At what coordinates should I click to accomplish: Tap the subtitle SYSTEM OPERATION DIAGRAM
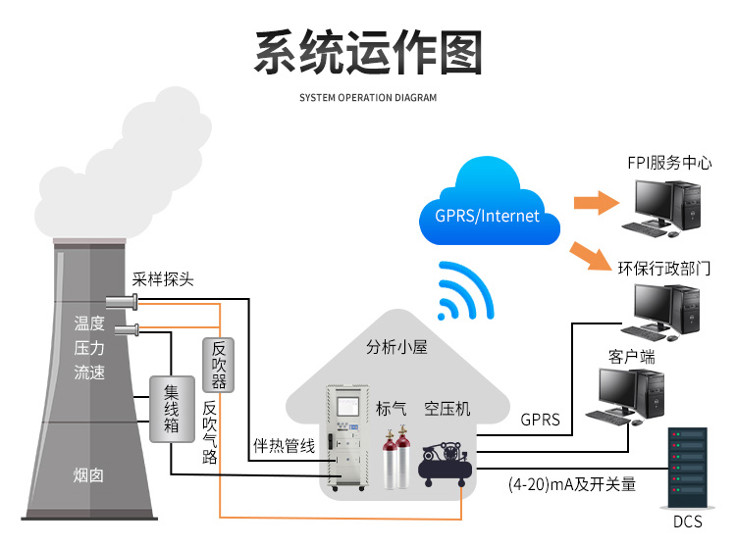368,98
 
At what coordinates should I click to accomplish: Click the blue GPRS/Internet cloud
488,209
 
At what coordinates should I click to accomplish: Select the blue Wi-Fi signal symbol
465,292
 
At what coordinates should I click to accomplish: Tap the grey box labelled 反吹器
219,364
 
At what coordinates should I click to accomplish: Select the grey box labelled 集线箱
170,408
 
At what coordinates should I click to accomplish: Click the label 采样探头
163,278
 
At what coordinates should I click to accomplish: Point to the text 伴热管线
284,446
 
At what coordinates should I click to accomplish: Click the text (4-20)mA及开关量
572,483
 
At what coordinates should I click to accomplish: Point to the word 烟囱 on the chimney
88,475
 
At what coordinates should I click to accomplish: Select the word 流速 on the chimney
89,373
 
